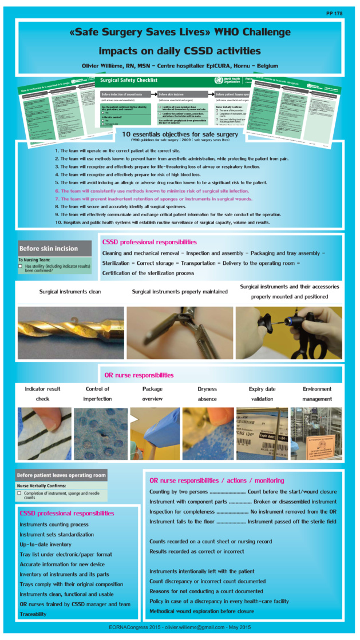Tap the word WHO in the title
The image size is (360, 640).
221,32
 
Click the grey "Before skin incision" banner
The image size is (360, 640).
55,249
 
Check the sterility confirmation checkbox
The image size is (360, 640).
21,267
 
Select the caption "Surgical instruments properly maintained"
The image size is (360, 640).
180,292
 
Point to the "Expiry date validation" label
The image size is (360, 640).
262,394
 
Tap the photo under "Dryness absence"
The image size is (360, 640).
208,434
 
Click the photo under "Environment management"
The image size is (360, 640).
317,434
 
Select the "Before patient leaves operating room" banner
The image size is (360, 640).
62,475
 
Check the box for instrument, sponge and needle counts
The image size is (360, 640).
19,492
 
